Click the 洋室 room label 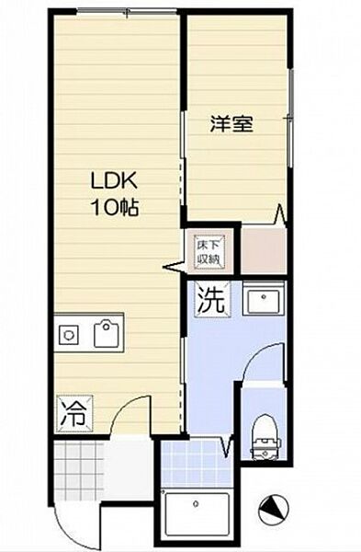click(231, 123)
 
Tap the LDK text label click(107, 180)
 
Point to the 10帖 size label click(115, 207)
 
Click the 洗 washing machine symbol click(211, 300)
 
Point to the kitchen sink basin click(107, 334)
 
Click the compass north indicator click(275, 508)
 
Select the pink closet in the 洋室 click(263, 250)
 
